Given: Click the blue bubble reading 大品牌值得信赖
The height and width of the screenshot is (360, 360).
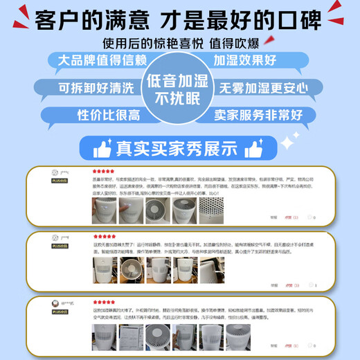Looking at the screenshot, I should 95,60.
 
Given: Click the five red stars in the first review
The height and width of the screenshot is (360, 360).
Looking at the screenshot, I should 104,170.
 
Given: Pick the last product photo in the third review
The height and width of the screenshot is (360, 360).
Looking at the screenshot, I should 238,338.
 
